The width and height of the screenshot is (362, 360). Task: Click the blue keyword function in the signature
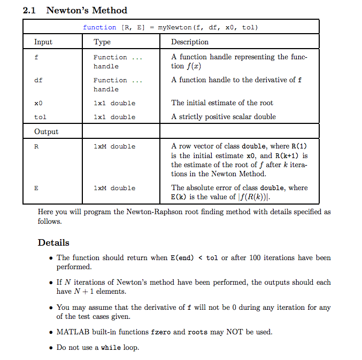click(99, 27)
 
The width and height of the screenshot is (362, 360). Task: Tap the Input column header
click(43, 42)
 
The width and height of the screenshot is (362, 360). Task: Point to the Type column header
click(102, 42)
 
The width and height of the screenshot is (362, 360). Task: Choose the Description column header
click(190, 42)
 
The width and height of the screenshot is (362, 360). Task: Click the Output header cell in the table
click(46, 131)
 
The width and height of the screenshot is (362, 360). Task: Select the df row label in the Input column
click(38, 80)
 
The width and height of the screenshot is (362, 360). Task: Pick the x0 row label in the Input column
click(38, 103)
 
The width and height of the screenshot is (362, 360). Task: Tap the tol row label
click(40, 117)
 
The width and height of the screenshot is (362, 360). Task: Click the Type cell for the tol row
click(114, 117)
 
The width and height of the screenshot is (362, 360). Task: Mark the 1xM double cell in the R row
click(114, 146)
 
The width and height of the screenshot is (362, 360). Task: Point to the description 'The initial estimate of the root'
click(222, 103)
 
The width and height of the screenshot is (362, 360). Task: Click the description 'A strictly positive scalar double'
click(224, 116)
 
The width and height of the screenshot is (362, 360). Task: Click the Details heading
click(53, 242)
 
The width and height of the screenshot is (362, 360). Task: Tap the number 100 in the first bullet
click(256, 257)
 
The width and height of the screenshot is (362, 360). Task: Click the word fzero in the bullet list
click(160, 332)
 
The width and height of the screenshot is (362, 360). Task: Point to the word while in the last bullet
click(111, 348)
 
